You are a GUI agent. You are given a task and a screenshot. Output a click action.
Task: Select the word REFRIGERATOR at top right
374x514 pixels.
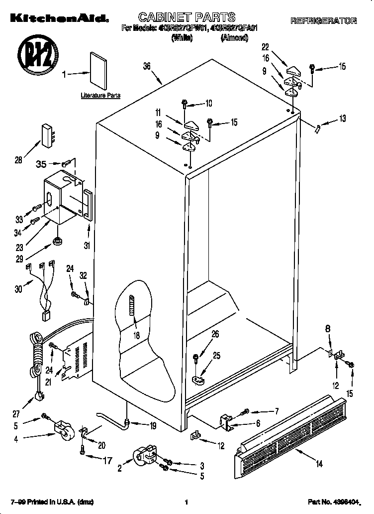pos(323,21)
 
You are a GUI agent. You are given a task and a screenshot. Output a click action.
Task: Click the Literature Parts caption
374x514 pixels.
pos(100,95)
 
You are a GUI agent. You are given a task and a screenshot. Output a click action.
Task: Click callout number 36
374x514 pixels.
pos(147,66)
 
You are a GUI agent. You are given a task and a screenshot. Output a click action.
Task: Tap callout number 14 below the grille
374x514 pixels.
pos(319,464)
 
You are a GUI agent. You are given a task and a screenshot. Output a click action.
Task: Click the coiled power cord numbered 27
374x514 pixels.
pos(36,364)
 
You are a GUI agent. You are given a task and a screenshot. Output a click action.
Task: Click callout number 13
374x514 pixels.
pos(342,119)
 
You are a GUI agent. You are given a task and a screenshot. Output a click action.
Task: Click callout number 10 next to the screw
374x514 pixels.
pos(208,104)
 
